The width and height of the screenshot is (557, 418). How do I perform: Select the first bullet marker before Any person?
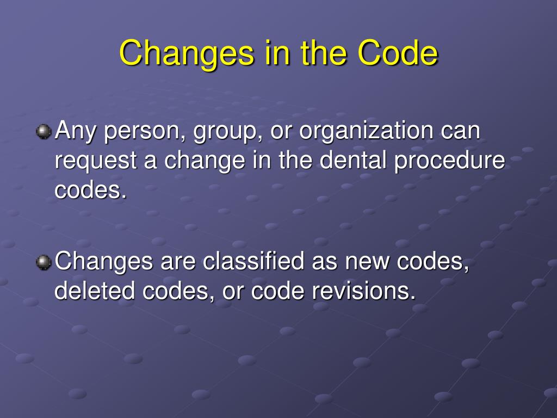(x=43, y=132)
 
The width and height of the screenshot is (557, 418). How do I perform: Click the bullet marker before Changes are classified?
(x=43, y=263)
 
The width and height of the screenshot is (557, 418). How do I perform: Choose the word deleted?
(x=96, y=292)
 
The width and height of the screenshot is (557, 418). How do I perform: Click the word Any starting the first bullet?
(x=75, y=132)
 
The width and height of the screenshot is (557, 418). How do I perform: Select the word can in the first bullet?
(x=461, y=132)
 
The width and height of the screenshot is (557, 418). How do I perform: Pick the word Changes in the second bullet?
(x=104, y=262)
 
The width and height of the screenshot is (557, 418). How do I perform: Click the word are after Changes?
(x=178, y=262)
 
